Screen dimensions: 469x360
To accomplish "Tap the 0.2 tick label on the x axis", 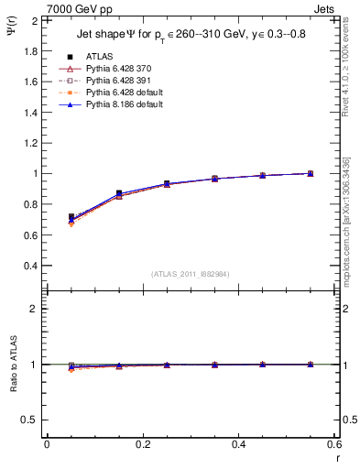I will [x=142, y=444].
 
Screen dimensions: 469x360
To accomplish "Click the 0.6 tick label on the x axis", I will [x=333, y=444].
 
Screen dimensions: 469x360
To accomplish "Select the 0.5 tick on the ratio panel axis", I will [x=29, y=420].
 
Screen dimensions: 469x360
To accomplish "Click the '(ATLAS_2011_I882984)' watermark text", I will [x=191, y=274].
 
